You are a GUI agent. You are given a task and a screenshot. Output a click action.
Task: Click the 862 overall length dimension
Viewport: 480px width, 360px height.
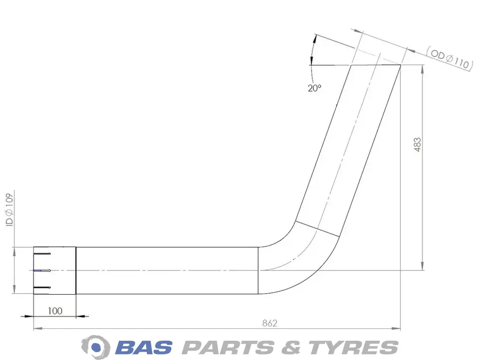tap(270, 323)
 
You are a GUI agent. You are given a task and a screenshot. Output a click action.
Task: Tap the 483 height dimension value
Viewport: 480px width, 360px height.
tap(417, 145)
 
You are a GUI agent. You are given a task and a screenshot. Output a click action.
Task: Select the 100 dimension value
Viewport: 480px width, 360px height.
tap(55, 311)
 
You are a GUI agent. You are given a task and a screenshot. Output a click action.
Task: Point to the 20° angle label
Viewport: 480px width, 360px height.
tap(314, 88)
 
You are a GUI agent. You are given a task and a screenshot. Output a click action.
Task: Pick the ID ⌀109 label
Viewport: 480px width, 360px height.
tap(9, 210)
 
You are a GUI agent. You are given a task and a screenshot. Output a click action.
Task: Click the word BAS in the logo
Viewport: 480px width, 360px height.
tap(144, 348)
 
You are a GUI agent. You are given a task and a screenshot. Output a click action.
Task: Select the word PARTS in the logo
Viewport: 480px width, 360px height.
tap(228, 348)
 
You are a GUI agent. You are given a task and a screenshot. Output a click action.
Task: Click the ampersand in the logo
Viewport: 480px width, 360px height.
tap(291, 348)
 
